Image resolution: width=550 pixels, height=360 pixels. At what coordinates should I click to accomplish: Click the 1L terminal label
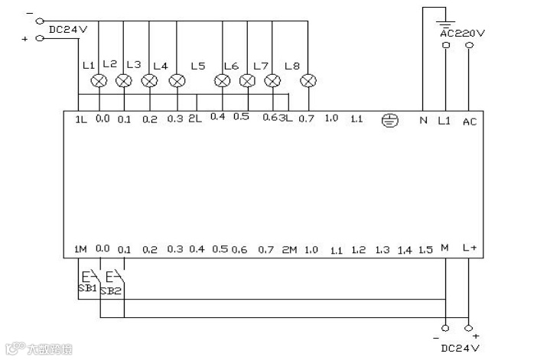point(80,119)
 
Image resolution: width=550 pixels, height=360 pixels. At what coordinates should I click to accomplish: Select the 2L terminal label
point(194,119)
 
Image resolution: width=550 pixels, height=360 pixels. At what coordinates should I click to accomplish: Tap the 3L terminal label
point(286,119)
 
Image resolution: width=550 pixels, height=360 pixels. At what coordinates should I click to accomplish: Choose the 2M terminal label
point(288,250)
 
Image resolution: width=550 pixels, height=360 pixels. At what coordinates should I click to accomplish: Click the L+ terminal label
point(470,249)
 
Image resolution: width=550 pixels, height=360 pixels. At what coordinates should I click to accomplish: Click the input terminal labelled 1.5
point(426,250)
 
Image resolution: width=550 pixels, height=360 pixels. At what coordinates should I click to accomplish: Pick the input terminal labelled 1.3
point(382,250)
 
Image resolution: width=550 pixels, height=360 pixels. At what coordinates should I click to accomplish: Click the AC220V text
point(462,34)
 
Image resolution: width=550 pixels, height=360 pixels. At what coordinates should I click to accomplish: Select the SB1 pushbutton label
point(86,288)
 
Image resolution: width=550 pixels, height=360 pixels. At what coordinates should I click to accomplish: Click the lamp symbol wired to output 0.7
point(308,80)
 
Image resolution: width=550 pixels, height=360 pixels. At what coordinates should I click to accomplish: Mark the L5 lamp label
point(197,66)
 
